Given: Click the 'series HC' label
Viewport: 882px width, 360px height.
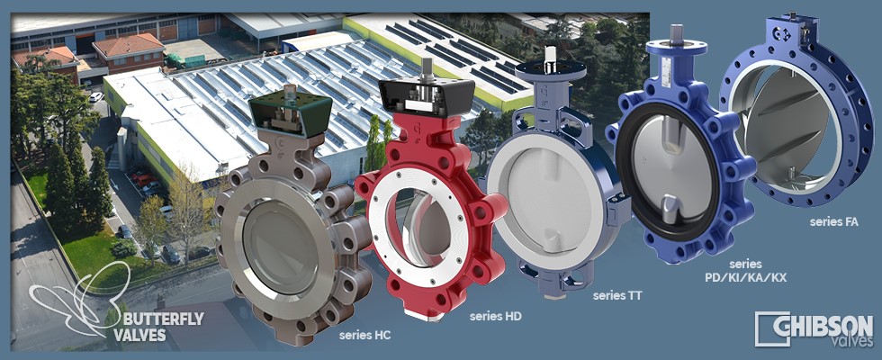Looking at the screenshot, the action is coord(365,336).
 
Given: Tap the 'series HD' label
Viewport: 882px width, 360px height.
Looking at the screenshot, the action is coord(496,317).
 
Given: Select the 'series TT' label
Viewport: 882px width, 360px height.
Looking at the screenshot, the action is coord(617,295).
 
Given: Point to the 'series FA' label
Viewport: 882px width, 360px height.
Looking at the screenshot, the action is coord(834,222).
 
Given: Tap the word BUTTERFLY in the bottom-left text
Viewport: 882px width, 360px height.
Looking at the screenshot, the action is coord(163,320).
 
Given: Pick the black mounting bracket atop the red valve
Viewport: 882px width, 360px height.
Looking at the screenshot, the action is coord(427,97).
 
